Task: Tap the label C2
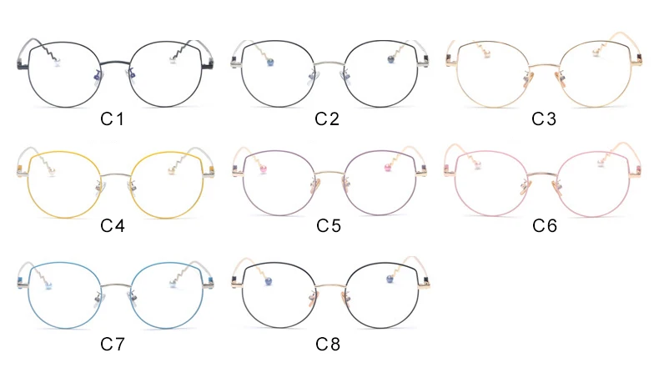326,118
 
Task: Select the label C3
543,118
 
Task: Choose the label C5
326,225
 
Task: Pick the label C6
543,225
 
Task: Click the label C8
326,343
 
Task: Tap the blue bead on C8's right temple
388,278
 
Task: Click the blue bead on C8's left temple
270,281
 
